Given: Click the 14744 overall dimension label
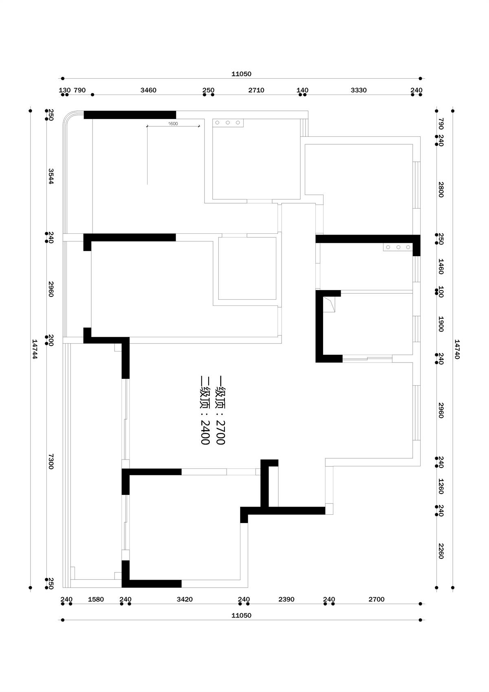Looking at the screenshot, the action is [x=35, y=349].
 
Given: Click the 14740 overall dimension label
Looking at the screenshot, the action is [x=457, y=349].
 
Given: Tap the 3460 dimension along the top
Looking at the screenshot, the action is [x=148, y=90].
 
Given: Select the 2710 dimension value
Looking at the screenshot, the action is [x=256, y=90].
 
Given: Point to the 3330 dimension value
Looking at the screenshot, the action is [x=359, y=90].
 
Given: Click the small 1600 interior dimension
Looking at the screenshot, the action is [x=173, y=123].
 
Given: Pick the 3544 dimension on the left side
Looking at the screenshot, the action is [x=51, y=176].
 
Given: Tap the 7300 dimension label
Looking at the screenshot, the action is [x=51, y=461].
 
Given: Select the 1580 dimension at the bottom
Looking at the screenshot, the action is [x=96, y=599].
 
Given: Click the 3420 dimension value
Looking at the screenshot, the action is [x=185, y=599].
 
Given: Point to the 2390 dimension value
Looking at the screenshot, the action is [x=286, y=599].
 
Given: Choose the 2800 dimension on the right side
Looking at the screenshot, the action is [x=441, y=190].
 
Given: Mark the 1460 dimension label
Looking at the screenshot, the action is [x=441, y=266].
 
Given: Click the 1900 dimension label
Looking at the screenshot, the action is [x=441, y=324].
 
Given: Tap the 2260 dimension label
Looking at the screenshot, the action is [x=441, y=551].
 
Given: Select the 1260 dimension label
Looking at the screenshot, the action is [x=441, y=486].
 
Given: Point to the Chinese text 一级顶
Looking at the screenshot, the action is [x=220, y=392].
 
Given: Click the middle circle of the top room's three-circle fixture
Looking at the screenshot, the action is [x=227, y=123].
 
